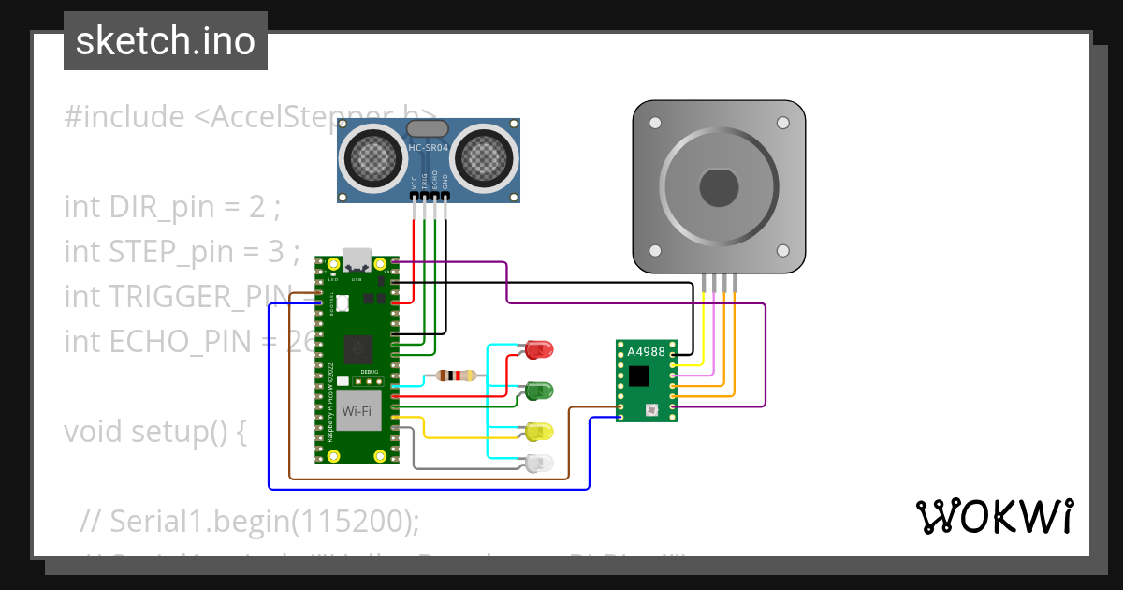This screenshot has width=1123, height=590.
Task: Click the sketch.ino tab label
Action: pyautogui.click(x=165, y=41)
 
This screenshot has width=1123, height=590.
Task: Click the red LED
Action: pyautogui.click(x=539, y=349)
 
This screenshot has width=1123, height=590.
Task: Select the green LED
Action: pyautogui.click(x=539, y=388)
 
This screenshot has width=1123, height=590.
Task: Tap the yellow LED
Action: pyautogui.click(x=539, y=432)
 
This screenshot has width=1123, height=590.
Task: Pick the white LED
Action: pyautogui.click(x=539, y=463)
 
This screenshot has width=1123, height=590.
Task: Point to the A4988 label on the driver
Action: pyautogui.click(x=645, y=352)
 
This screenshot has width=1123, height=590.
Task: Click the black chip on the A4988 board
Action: pyautogui.click(x=639, y=376)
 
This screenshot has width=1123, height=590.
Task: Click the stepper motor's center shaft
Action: pyautogui.click(x=719, y=188)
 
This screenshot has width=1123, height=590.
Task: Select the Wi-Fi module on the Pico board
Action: pyautogui.click(x=356, y=411)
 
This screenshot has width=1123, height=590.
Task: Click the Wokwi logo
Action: pyautogui.click(x=994, y=517)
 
